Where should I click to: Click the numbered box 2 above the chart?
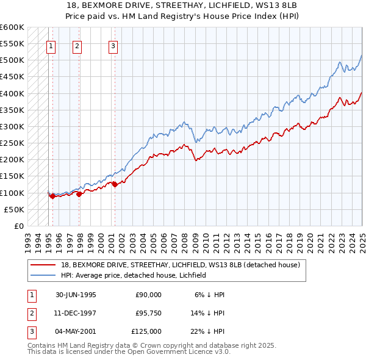[77, 45]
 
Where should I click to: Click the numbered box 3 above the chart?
[113, 45]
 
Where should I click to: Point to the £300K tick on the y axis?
[12, 127]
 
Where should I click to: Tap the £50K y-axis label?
[14, 210]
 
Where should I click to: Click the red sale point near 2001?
[115, 184]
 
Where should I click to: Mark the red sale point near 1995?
[53, 196]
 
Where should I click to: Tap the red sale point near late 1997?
[79, 194]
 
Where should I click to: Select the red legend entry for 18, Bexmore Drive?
[180, 265]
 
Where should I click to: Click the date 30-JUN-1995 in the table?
[76, 294]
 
